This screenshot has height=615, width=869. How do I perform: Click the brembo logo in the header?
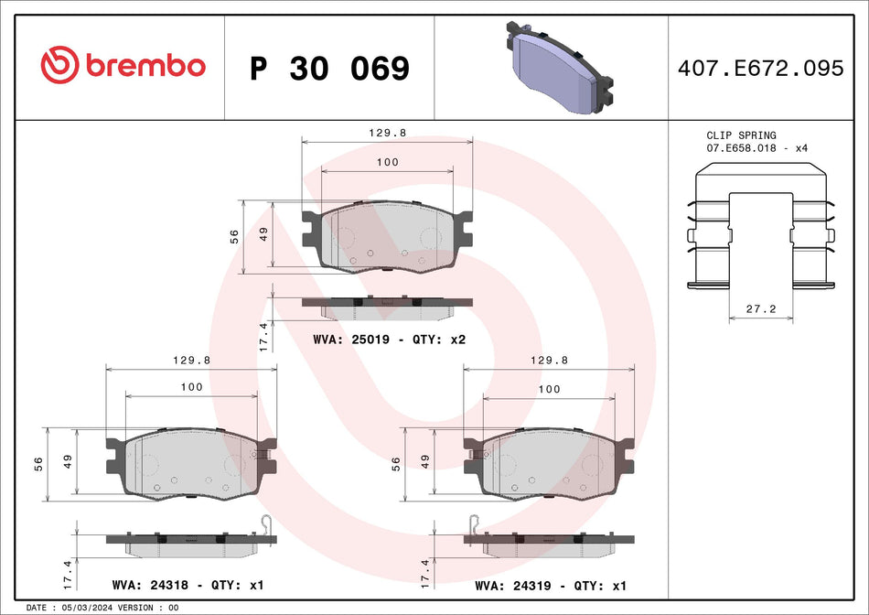coord(123,66)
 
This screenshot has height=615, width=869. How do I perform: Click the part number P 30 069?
coord(329,69)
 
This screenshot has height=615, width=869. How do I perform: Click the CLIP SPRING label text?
coord(740,135)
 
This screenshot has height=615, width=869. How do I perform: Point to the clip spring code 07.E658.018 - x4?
coord(756,148)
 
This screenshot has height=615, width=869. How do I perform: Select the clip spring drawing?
coord(760,229)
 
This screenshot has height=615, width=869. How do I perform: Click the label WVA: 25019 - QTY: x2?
coord(390,340)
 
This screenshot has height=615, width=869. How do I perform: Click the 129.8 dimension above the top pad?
coord(388,133)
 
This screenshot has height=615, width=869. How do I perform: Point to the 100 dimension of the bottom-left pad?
coord(191,387)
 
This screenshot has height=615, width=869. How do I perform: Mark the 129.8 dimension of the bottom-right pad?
coord(550,361)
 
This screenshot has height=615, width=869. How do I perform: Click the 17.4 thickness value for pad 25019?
coord(263,337)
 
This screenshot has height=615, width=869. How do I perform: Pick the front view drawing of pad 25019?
coord(388,237)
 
